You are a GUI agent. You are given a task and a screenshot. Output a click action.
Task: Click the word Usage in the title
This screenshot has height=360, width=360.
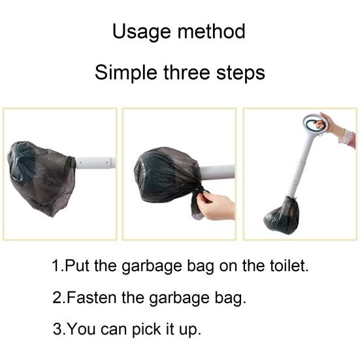pos(141,32)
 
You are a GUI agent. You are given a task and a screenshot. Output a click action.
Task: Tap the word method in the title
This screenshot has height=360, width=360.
pos(212,31)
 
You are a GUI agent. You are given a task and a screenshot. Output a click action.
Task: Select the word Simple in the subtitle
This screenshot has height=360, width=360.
pos(126,73)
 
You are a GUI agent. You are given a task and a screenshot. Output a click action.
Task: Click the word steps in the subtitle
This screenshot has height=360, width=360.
pos(241,73)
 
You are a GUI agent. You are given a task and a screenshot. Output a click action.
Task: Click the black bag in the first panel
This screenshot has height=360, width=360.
pos(41,178)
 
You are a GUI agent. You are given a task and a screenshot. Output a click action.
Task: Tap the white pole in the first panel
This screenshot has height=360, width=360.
pos(95,163)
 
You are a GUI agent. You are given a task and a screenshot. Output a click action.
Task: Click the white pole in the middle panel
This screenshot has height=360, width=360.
pos(218,172)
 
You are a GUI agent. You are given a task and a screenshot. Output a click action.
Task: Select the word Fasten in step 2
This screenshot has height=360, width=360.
pos(91,297)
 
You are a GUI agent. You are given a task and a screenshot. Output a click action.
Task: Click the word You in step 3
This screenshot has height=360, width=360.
pos(82,329)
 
